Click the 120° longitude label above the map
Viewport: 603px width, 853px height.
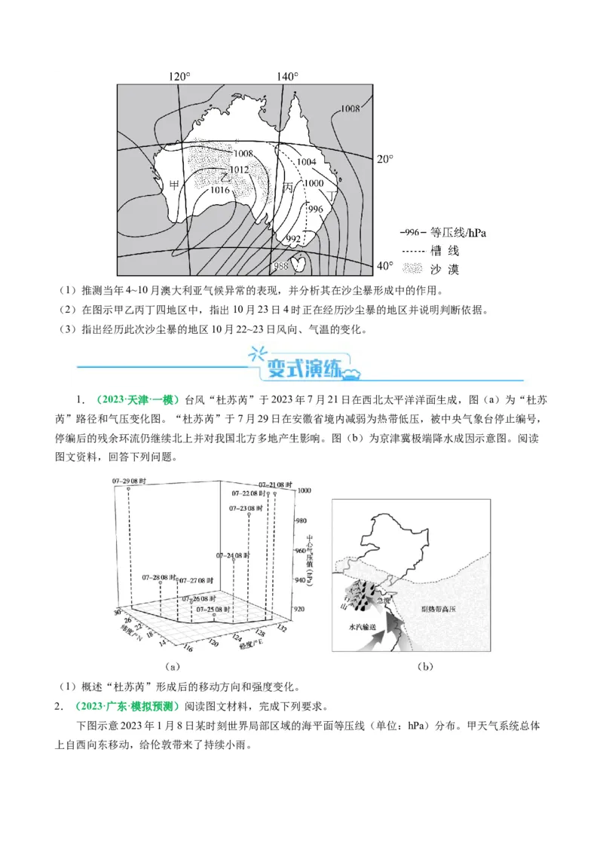click(x=179, y=76)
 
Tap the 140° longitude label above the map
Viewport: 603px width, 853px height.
click(x=287, y=76)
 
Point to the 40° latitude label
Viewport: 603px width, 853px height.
click(x=384, y=265)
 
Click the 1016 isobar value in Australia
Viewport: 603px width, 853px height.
click(x=219, y=190)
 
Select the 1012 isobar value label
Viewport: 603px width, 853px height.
click(x=239, y=170)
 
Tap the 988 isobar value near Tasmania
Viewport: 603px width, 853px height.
click(x=280, y=266)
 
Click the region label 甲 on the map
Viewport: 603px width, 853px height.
click(x=174, y=185)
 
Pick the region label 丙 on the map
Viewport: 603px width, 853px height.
click(x=288, y=186)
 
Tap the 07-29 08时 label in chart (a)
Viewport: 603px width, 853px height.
click(x=127, y=481)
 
